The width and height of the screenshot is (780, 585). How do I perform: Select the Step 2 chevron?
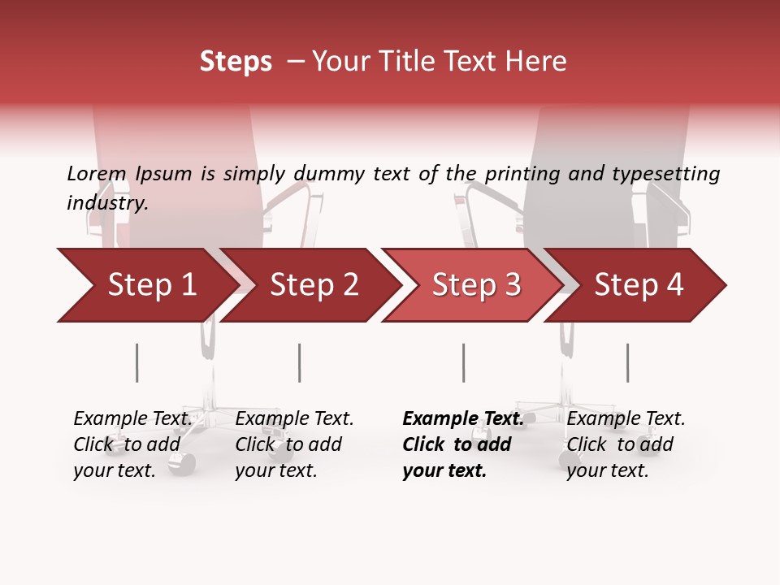(313, 285)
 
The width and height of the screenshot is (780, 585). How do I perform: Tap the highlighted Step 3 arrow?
(475, 285)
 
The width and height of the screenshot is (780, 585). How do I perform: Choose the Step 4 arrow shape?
(639, 285)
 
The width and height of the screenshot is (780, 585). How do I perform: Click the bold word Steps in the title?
(236, 62)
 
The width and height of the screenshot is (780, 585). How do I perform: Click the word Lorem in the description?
(96, 174)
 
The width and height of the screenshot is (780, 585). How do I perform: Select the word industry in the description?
(106, 203)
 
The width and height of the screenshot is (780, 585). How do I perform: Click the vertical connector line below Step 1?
(136, 362)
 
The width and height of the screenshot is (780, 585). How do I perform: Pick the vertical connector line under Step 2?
(299, 362)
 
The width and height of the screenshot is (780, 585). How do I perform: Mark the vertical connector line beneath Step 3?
(463, 362)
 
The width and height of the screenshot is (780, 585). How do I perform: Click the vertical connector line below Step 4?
(627, 362)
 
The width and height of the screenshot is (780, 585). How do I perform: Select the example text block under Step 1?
(132, 444)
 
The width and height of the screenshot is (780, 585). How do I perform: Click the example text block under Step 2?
(294, 444)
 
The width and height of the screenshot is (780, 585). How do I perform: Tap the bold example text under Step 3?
(462, 444)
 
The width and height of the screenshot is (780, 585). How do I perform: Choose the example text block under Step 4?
(626, 444)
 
